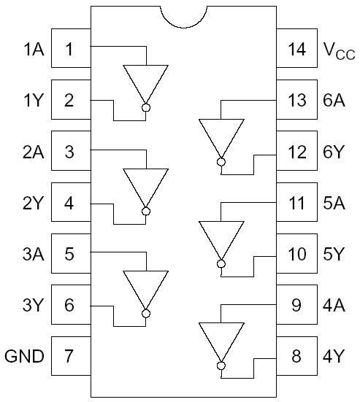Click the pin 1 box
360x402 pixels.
click(x=70, y=50)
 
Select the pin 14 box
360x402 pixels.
click(x=296, y=50)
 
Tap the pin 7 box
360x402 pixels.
click(x=70, y=357)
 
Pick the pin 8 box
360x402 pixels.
click(x=296, y=357)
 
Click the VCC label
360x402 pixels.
click(x=337, y=50)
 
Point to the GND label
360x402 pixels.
click(x=25, y=357)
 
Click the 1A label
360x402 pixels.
click(x=32, y=50)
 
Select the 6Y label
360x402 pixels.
click(x=333, y=152)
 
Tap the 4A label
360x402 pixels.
click(x=333, y=306)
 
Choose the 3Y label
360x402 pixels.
click(x=32, y=306)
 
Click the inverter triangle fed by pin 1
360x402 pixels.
click(x=146, y=82)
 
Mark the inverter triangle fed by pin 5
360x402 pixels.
click(x=146, y=287)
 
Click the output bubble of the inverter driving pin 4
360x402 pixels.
click(x=146, y=212)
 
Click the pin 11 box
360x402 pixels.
click(x=296, y=203)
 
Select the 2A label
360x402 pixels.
click(x=32, y=152)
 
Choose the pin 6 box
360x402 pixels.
click(x=70, y=306)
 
